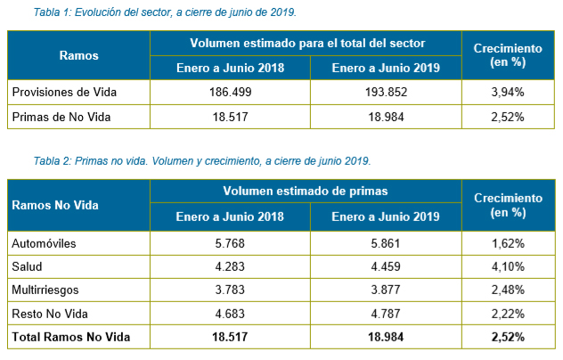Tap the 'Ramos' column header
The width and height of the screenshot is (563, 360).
point(78,55)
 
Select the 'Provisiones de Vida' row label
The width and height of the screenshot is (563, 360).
point(64,92)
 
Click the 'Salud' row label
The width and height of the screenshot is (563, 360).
point(26,266)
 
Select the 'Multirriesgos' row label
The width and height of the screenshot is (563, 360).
point(45,290)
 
